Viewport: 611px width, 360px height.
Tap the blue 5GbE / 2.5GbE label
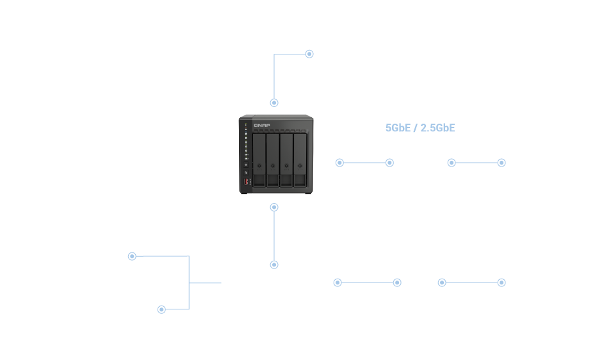(x=420, y=127)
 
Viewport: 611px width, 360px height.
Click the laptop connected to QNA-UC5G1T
(x=560, y=143)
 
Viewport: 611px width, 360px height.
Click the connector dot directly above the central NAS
(x=274, y=102)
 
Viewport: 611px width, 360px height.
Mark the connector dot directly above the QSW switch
(x=274, y=264)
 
